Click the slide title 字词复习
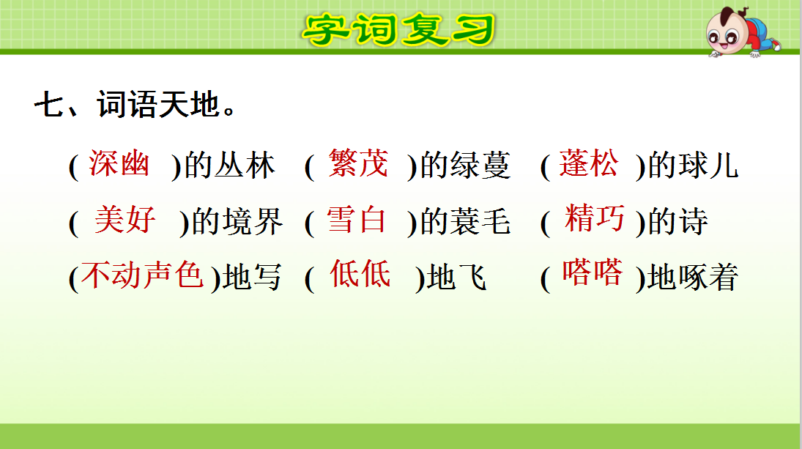(x=398, y=29)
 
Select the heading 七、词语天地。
(x=135, y=106)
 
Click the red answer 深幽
(x=119, y=164)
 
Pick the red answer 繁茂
(x=359, y=163)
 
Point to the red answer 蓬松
(x=589, y=163)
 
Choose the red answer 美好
(x=125, y=220)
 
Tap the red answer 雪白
(x=357, y=220)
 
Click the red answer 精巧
(x=595, y=219)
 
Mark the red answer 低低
(x=360, y=275)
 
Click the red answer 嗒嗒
(x=592, y=273)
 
